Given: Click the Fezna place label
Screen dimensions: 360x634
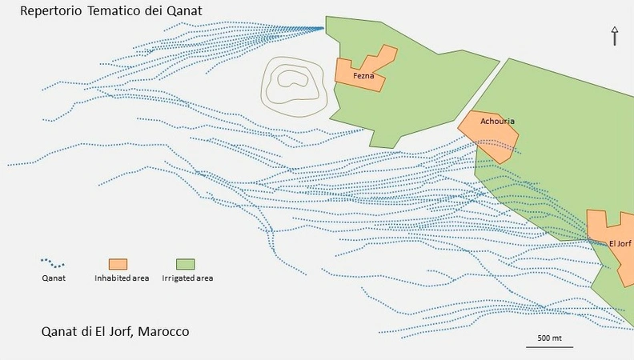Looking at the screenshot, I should tap(363, 76).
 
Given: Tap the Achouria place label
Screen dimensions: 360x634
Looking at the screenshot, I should tap(497, 122).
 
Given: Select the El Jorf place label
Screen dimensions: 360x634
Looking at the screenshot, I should tap(620, 243).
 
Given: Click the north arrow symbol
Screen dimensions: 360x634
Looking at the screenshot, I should tap(615, 35).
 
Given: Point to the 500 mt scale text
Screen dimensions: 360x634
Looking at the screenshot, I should tap(549, 338).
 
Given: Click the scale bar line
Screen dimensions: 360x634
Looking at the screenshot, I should tap(549, 347).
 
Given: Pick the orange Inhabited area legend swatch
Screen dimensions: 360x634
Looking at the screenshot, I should tap(118, 264).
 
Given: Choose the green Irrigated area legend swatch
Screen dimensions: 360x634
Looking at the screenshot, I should tap(186, 264).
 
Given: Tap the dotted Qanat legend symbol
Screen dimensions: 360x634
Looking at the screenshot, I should tap(53, 262).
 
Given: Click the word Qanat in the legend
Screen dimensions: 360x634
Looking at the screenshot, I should tap(53, 278).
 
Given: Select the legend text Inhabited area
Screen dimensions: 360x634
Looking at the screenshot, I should tap(121, 278).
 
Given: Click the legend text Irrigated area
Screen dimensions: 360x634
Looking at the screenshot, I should tap(187, 278).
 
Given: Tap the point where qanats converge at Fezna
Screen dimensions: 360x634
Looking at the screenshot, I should tap(323, 28).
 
